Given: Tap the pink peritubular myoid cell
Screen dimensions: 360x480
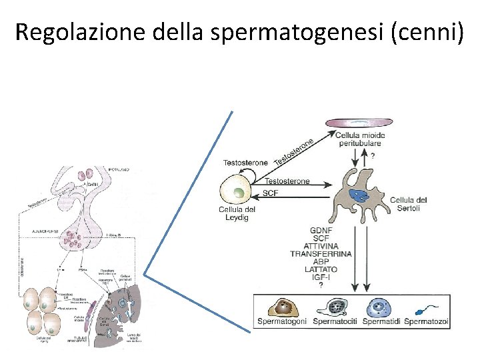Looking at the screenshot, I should [359, 123].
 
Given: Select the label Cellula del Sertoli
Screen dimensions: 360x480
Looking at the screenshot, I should [408, 203].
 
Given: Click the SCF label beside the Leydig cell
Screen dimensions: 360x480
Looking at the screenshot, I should [270, 193].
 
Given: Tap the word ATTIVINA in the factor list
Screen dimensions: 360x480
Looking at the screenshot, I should [314, 246].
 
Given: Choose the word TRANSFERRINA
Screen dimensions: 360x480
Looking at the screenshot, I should [321, 254].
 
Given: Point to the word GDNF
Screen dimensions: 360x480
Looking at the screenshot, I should [321, 231].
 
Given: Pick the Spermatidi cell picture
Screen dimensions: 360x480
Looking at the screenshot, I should [381, 307].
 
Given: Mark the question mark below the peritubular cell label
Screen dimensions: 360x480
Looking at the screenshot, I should [373, 155].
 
